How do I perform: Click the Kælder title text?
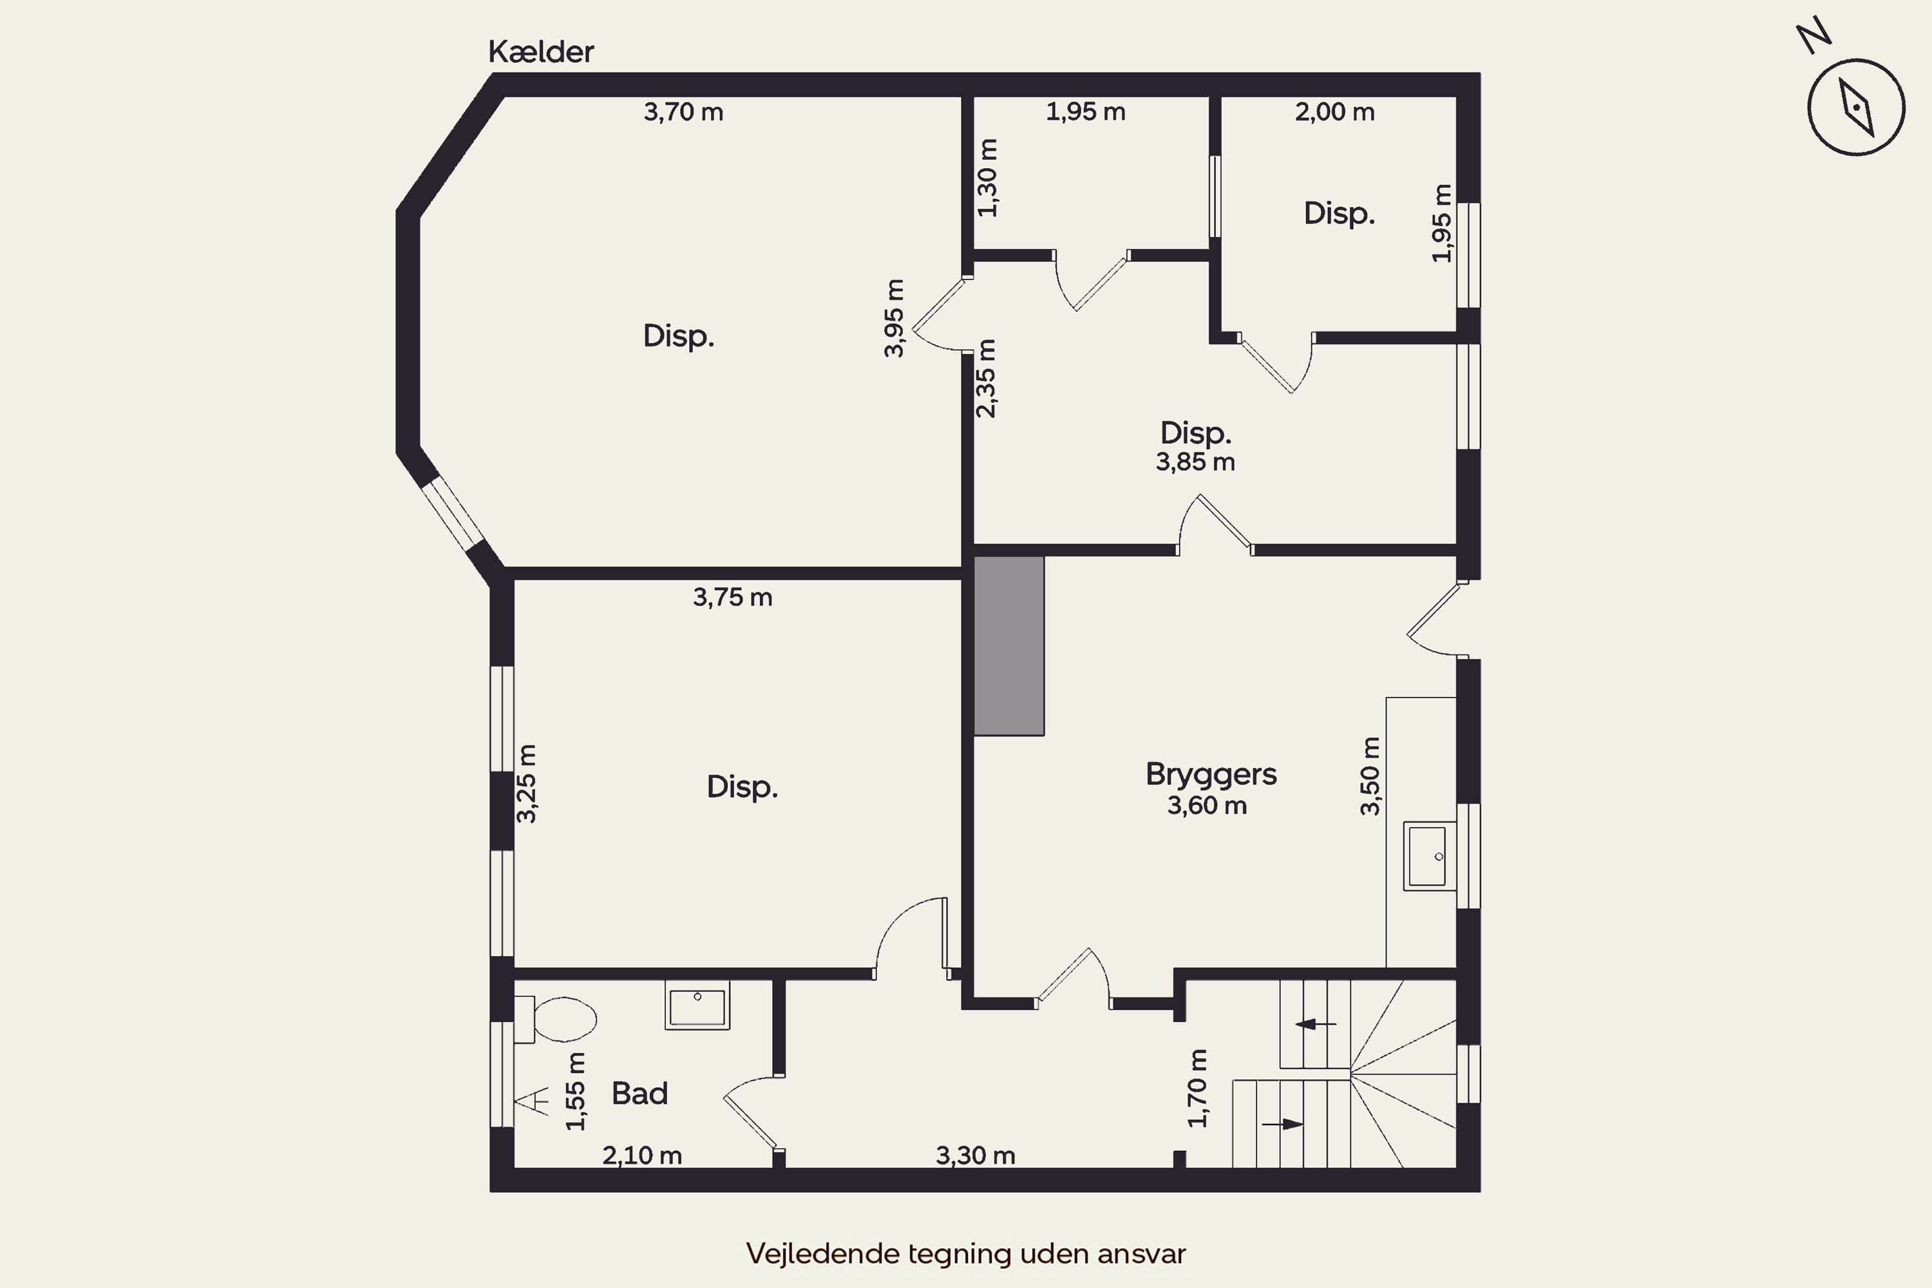pos(540,52)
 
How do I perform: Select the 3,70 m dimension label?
pos(683,111)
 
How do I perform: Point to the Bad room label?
pos(639,1094)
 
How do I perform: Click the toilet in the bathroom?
pos(554,1019)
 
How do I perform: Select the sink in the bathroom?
pos(697,1006)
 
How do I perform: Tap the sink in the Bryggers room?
pos(1428,856)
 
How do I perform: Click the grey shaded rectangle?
pos(1009,646)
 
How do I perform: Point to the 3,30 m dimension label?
pos(975,1156)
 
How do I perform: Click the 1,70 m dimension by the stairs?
pos(1198,1088)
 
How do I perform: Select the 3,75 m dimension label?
pos(732,597)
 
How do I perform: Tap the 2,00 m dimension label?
pos(1334,111)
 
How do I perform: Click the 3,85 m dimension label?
pos(1195,462)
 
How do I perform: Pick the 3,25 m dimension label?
pos(527,784)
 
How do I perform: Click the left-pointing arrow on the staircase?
pos(1315,1025)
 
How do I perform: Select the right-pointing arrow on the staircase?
pos(1282,1124)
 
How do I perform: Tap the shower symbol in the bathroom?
pos(533,1100)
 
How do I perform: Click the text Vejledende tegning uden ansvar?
pos(966,1253)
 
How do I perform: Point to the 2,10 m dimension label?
pos(641,1156)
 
